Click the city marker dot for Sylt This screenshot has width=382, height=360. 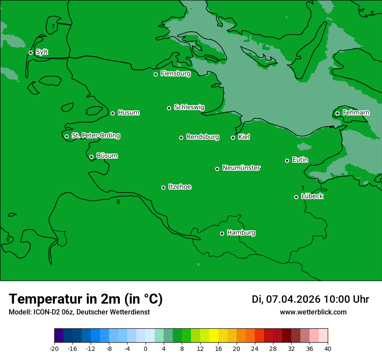(30, 52)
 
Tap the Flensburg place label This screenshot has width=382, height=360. (175, 74)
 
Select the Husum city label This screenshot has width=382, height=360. (128, 113)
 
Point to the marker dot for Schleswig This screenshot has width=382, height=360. (169, 108)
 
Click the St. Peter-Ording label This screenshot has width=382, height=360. (95, 136)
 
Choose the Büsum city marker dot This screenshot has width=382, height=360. (91, 157)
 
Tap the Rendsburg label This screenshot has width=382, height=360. (202, 137)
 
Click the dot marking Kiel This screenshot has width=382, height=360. (233, 137)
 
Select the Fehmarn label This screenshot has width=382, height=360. (356, 113)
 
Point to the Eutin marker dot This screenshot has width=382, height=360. (287, 160)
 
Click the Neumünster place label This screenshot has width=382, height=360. (241, 168)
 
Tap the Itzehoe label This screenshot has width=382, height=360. (180, 187)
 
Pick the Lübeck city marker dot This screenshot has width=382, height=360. (296, 197)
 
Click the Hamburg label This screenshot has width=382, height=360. (241, 233)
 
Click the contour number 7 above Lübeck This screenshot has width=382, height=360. (303, 188)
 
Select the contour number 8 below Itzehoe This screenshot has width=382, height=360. (118, 202)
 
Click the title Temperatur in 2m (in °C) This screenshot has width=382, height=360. (86, 299)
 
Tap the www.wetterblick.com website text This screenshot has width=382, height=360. (313, 312)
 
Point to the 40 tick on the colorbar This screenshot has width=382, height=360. (328, 349)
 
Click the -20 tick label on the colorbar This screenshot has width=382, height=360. (54, 349)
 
